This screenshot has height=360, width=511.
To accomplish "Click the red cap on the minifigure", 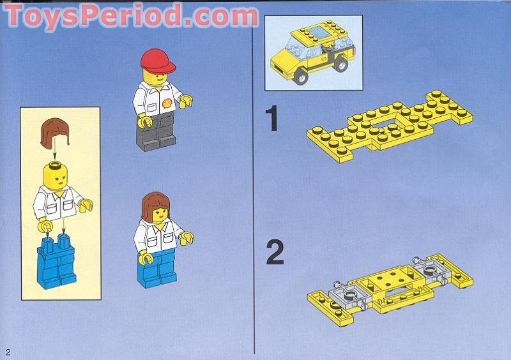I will coord(158,60).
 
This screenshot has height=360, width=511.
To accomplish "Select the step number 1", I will coord(273,119).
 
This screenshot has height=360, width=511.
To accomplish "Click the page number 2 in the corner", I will coord(8,352).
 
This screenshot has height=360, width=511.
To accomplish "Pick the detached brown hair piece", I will coord(54,133).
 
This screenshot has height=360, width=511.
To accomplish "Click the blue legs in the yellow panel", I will coord(57,260).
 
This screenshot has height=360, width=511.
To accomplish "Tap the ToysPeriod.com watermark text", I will coord(131,17).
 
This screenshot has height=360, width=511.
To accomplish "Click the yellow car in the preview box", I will coord(312,54).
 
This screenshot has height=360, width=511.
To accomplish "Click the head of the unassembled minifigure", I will coord(54,173).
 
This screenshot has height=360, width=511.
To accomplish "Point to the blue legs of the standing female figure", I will coord(158,268).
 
